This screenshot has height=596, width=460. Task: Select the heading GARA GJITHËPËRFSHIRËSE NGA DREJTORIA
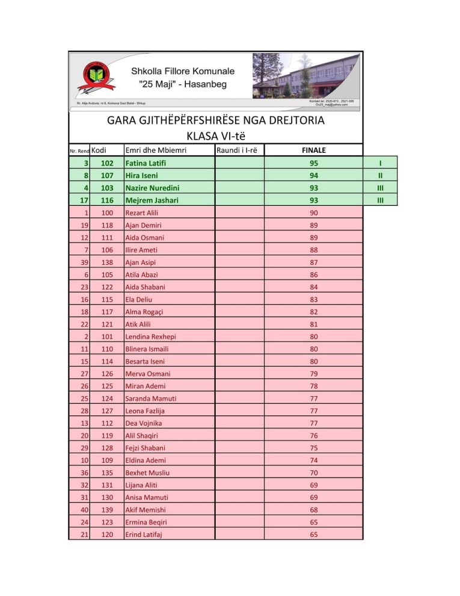point(215,120)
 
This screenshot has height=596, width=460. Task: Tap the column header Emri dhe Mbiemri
point(154,150)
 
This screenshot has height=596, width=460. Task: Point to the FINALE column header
point(314,151)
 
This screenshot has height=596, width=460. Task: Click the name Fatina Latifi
point(146,163)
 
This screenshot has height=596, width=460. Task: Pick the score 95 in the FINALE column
point(314,163)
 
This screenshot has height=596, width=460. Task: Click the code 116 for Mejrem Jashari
point(107,200)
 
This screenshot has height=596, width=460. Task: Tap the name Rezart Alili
point(142,213)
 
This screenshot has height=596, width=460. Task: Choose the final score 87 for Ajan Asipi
point(314,262)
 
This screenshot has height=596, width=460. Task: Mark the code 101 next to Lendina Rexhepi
point(107,337)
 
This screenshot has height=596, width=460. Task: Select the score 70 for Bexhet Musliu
point(314,473)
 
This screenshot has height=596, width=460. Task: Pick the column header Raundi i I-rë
point(237,150)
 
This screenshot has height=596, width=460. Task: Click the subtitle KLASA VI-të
point(215,135)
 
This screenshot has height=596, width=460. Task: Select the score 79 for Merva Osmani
point(314,374)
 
